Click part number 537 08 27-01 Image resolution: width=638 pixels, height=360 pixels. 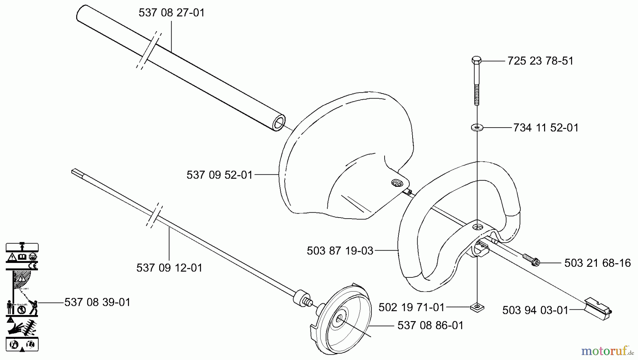click(172, 13)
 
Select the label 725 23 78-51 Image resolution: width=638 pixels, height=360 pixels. click(540, 61)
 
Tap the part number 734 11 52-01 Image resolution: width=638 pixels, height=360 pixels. click(545, 128)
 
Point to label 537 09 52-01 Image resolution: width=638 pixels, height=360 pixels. click(219, 175)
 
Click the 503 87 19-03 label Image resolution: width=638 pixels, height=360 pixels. click(340, 251)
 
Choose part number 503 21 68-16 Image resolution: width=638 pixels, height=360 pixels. click(597, 263)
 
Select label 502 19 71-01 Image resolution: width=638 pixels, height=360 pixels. click(411, 307)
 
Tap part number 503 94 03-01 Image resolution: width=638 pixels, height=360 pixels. click(535, 310)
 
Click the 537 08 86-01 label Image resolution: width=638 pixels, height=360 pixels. click(430, 325)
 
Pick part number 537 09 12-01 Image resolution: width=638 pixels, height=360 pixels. click(169, 268)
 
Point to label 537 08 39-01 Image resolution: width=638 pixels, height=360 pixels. click(97, 302)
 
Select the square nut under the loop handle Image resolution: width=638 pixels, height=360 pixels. click(477, 307)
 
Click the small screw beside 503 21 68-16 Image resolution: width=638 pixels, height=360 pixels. click(531, 260)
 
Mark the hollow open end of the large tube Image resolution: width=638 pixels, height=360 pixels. click(279, 123)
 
